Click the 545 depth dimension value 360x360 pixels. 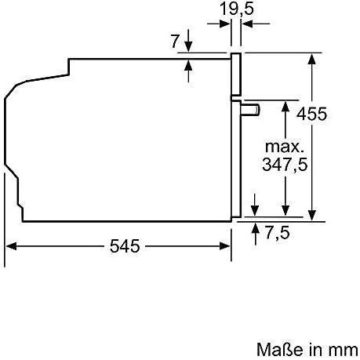click(125, 246)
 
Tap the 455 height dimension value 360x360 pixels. click(311, 114)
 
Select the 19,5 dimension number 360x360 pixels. click(237, 9)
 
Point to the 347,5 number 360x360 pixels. click(285, 165)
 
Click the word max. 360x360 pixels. click(285, 147)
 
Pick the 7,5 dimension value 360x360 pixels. click(278, 232)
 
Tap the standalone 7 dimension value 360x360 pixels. click(176, 41)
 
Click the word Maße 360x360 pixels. click(280, 349)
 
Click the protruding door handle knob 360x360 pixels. click(250, 110)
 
